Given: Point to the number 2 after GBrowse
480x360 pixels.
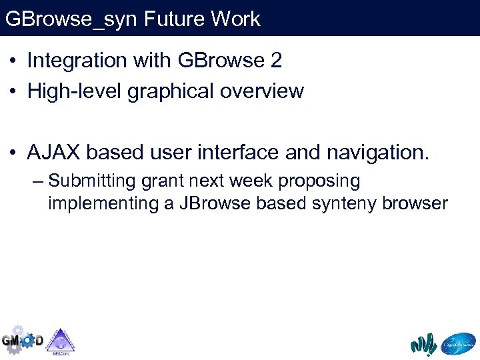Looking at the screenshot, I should tap(276, 61).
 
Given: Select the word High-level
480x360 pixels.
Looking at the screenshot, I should tap(74, 91).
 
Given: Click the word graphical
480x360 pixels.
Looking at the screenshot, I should tap(169, 91).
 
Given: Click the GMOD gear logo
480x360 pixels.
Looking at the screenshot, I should tap(21, 340).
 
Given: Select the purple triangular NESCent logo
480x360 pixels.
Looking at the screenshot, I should tap(60, 341).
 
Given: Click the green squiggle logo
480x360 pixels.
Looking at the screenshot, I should tap(423, 344).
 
